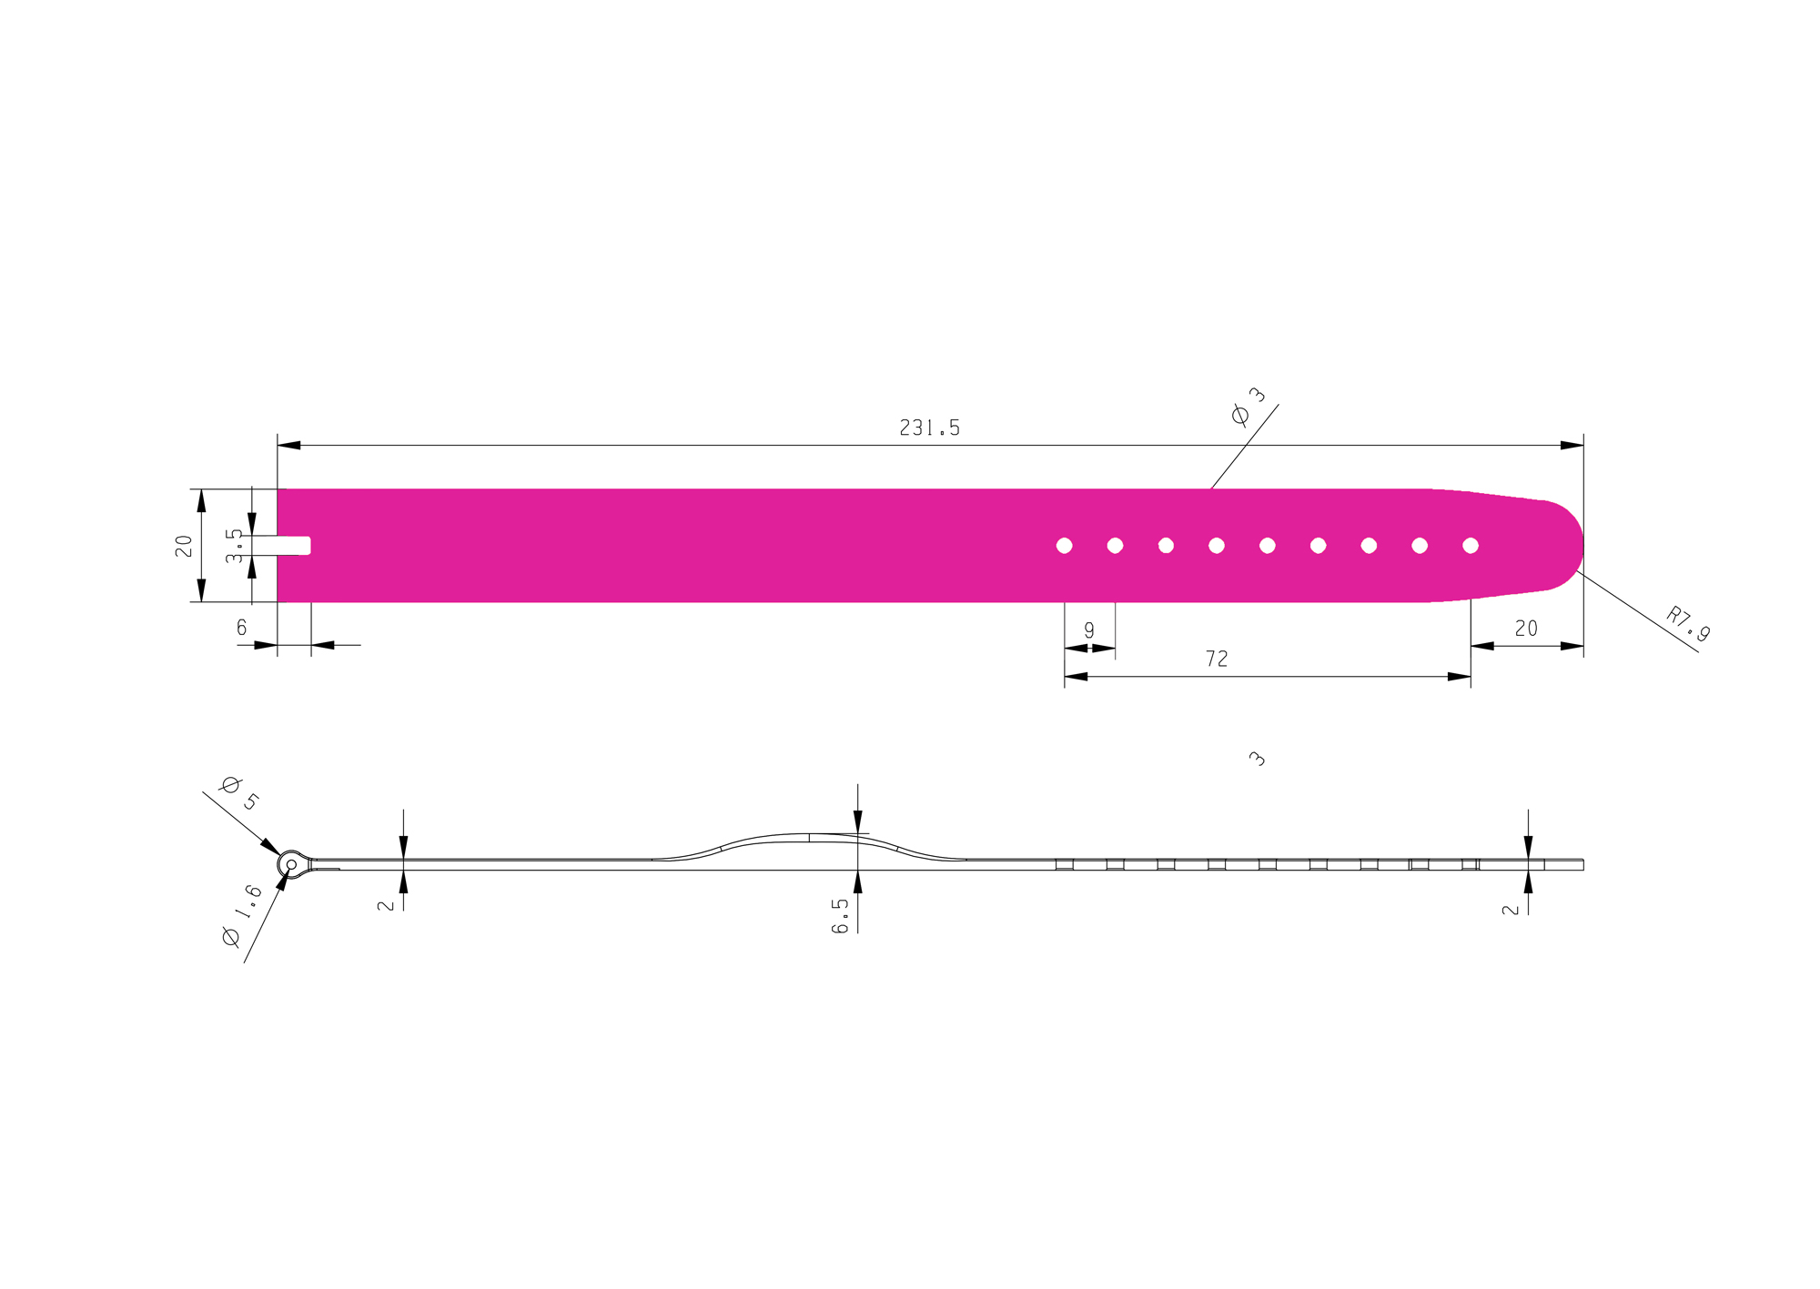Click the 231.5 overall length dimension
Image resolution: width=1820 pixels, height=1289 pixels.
click(x=929, y=428)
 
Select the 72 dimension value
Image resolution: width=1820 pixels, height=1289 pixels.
click(x=1217, y=659)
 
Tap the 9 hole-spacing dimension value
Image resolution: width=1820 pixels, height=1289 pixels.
click(x=1089, y=630)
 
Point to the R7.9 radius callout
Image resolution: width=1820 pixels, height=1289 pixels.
click(x=1688, y=624)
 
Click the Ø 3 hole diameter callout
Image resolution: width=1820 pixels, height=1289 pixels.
click(x=1248, y=406)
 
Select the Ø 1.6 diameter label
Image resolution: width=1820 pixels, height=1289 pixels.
click(x=242, y=915)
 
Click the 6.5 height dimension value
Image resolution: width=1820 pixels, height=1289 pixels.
click(x=840, y=916)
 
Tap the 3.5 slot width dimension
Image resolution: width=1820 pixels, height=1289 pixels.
click(x=234, y=546)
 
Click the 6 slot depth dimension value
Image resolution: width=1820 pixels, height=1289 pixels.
click(x=241, y=628)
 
